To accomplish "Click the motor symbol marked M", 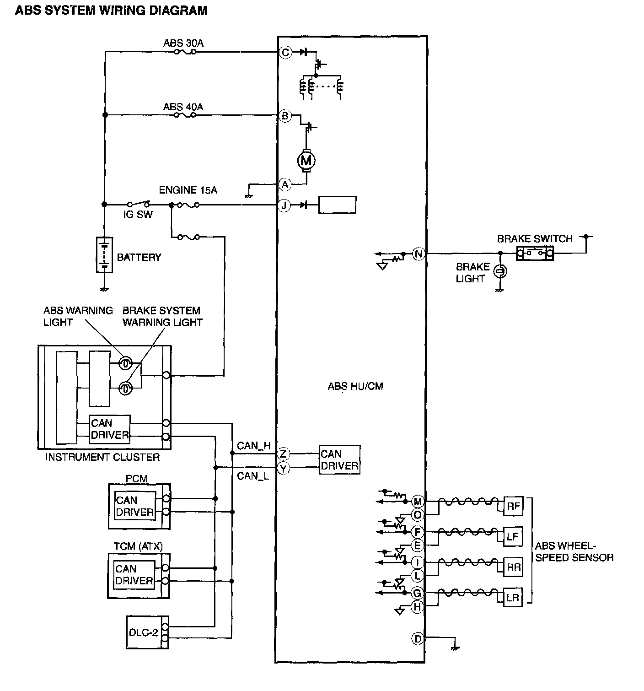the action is tap(306, 161).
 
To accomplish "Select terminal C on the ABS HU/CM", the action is tap(285, 53).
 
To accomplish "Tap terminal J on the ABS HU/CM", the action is tap(284, 205).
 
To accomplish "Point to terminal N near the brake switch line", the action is tap(419, 254).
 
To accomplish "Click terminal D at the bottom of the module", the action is tap(418, 639).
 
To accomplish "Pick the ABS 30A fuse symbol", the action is tap(185, 52).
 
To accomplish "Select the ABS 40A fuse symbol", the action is tap(185, 115).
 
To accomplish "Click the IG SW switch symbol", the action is tap(138, 204).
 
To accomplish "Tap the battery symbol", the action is tap(104, 255).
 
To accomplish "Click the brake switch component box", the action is tap(535, 253).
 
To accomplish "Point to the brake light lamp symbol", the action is tap(500, 271).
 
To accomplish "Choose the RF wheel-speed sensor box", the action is tap(513, 506).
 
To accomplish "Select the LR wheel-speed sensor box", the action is tap(513, 597).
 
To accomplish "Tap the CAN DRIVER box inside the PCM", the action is tap(135, 506).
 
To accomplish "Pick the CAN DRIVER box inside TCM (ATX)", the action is tap(134, 574).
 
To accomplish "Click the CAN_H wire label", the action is tap(254, 446).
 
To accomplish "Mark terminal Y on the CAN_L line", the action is tap(284, 469).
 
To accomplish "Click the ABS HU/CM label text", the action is tap(355, 386).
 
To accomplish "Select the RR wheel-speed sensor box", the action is tap(513, 567).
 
